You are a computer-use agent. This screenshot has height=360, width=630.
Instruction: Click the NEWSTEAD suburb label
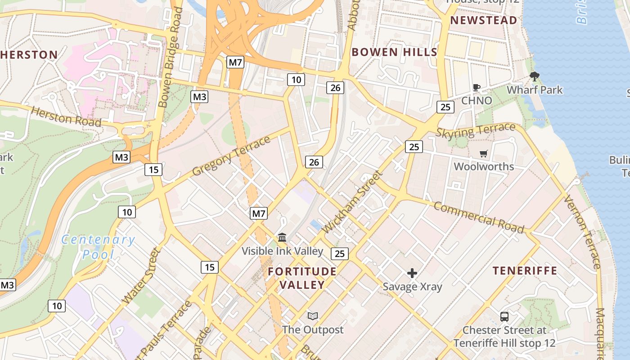pos(484,20)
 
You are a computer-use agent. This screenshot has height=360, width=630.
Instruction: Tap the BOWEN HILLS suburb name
pos(394,52)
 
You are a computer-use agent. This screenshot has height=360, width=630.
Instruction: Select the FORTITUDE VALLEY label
pos(302,278)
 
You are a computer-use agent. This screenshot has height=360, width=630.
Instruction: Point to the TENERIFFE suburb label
pos(525,270)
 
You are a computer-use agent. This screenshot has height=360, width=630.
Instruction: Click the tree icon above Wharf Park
pos(535,76)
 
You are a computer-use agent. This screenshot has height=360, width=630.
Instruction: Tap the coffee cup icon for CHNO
pos(477,87)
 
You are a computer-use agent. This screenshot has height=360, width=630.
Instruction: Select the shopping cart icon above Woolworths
pos(484,154)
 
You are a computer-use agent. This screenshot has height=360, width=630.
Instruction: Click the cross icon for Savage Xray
pos(412,273)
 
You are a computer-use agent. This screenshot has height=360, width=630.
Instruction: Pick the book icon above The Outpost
pos(313,316)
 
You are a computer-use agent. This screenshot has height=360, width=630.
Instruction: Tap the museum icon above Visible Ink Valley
pos(282,237)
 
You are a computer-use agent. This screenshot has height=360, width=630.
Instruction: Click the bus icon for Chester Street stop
pos(504,317)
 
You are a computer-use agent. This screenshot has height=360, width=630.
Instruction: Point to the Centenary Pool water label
pos(98,247)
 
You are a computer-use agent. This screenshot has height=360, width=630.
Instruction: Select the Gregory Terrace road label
pos(232,156)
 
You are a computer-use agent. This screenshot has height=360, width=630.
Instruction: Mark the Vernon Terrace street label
pos(582,232)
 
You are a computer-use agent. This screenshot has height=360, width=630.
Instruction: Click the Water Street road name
pos(141,275)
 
